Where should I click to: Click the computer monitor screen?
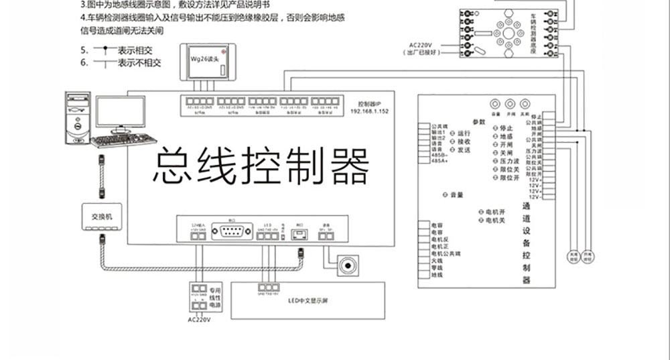tap(119, 111)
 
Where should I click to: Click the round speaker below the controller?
tap(347, 265)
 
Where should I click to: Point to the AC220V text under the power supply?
tap(199, 320)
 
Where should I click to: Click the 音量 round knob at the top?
tap(496, 105)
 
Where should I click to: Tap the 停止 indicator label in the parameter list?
tap(506, 127)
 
